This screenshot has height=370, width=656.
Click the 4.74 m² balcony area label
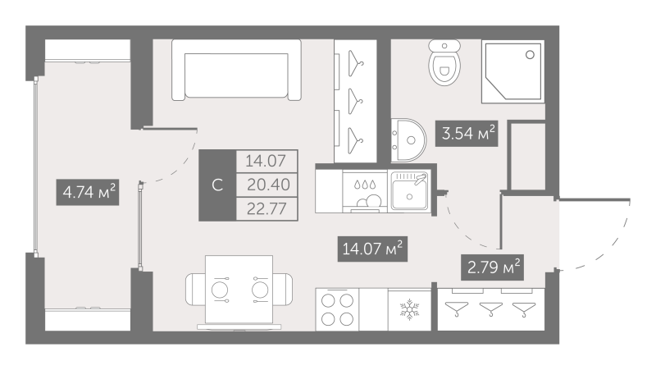[89, 194]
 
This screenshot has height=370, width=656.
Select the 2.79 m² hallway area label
[491, 267]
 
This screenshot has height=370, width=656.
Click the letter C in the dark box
[217, 185]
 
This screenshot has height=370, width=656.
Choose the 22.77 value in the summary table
[266, 207]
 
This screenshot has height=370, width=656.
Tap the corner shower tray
[513, 73]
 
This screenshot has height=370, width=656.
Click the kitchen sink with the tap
[408, 192]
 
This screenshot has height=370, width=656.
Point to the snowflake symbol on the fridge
[408, 310]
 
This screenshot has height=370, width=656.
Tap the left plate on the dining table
[221, 290]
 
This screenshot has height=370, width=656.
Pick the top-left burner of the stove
[329, 300]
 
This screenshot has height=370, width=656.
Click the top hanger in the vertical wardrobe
[353, 59]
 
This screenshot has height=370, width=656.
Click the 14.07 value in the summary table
[266, 161]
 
